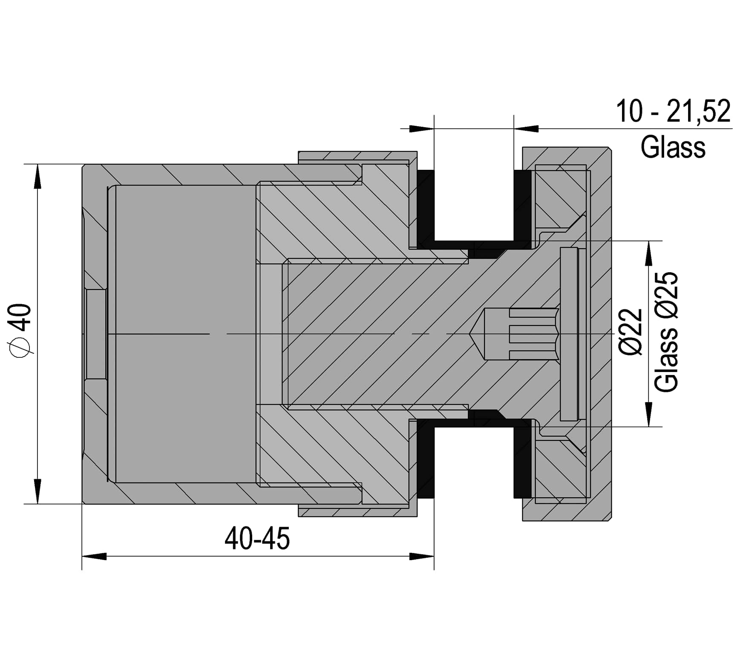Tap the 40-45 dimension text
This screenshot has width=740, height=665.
pos(257,538)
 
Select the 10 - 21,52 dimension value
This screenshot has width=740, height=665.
pos(674,111)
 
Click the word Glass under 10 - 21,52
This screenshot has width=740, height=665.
pos(673,147)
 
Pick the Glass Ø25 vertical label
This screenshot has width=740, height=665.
pos(666,331)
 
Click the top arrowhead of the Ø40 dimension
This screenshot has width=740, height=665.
pos(37,176)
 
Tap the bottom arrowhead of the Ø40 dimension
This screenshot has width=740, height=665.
pos(37,492)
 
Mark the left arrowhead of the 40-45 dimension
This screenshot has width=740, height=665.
pos(94,556)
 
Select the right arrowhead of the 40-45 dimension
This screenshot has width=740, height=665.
pos(422,556)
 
